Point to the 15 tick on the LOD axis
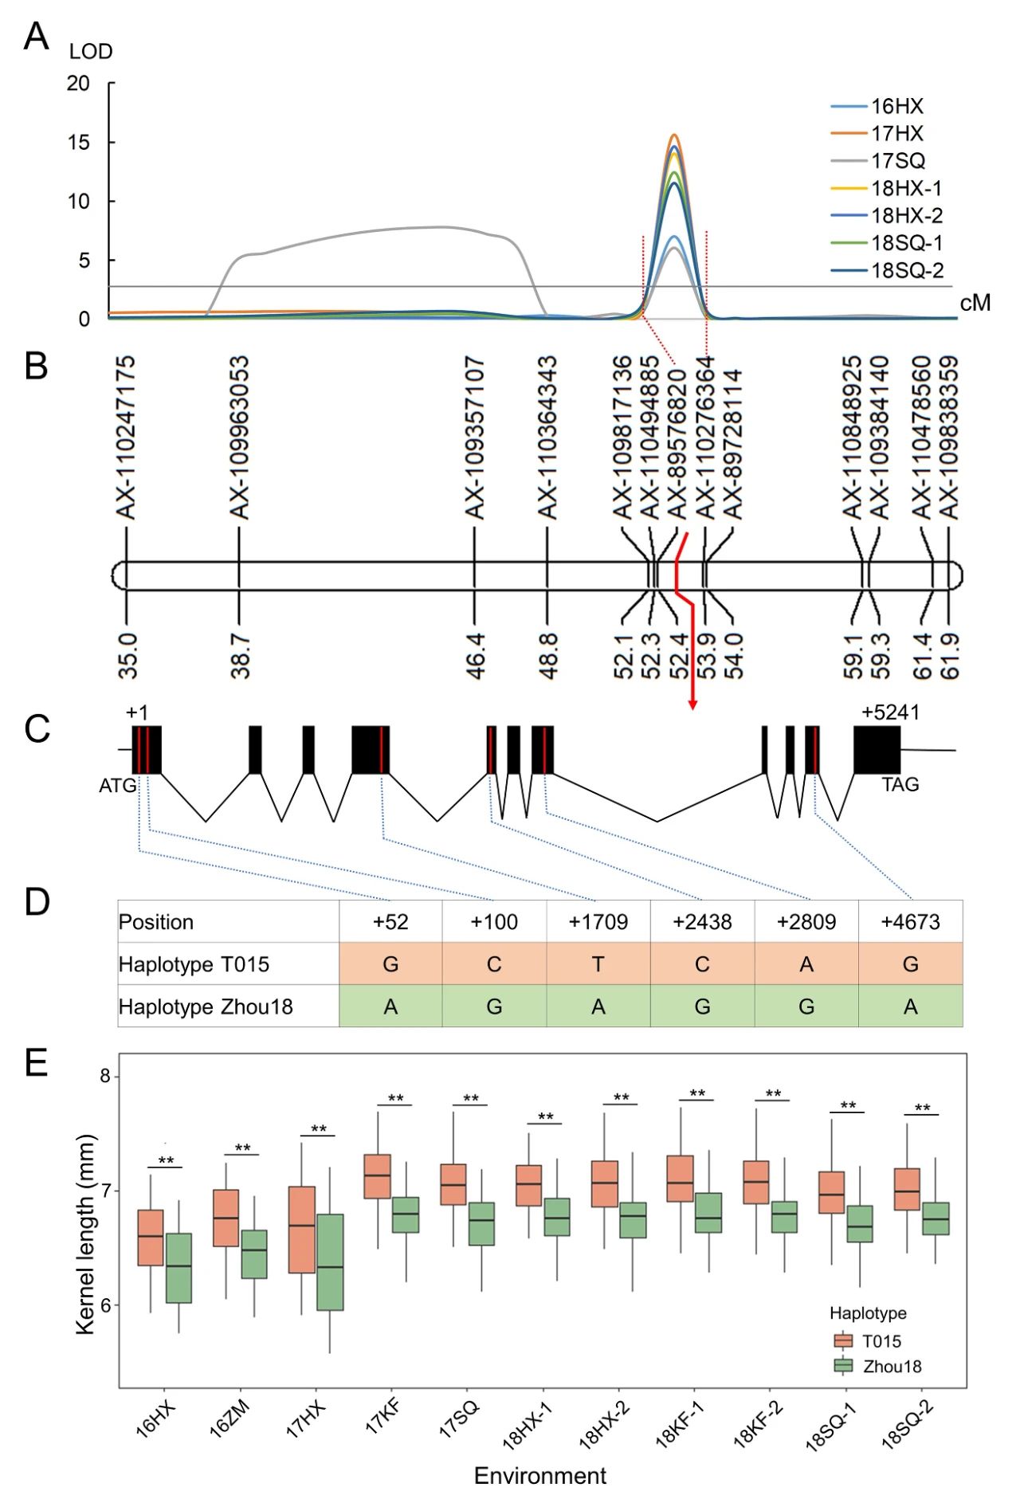point(78,142)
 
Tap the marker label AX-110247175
point(126,438)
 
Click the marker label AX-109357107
point(474,438)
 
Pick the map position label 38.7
point(240,656)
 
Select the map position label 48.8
point(547,656)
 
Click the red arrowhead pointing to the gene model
point(692,704)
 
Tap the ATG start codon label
point(118,786)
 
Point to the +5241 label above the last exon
point(890,712)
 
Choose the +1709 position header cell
point(598,922)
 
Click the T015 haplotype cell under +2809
point(806,964)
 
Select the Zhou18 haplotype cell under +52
point(390,1007)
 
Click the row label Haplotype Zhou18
point(206,1007)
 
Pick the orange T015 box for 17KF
point(377,1176)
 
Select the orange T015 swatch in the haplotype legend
point(843,1340)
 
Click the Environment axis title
point(540,1476)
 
